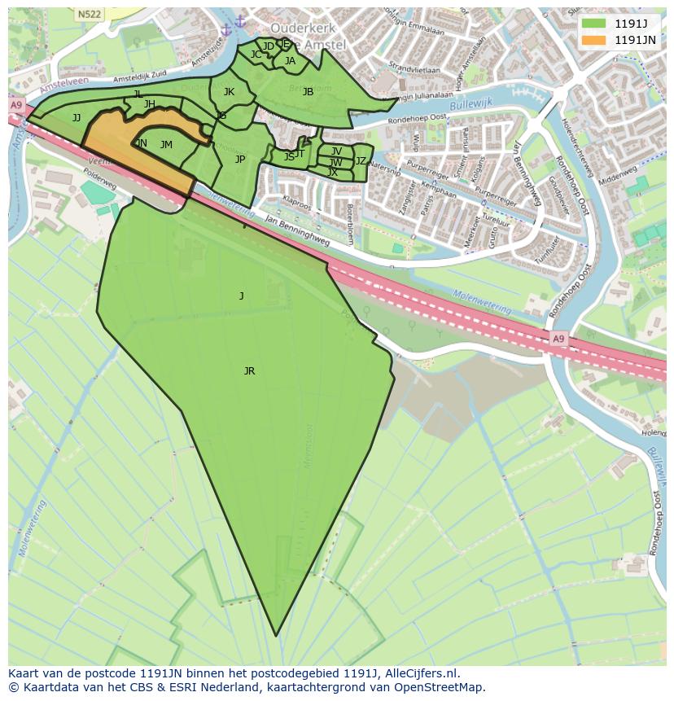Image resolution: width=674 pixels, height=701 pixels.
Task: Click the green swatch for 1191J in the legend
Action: coord(594,23)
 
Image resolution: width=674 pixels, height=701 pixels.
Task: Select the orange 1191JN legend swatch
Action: coord(594,39)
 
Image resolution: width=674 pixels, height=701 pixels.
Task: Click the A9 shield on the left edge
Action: coord(16,105)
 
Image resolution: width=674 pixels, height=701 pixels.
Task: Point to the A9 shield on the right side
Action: coord(558,338)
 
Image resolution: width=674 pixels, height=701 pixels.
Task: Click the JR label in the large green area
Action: coord(249,371)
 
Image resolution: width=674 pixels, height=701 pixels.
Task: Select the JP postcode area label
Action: coord(240,160)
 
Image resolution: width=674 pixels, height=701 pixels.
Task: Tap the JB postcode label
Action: coord(308,92)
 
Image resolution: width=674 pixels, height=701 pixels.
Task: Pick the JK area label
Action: coord(229,92)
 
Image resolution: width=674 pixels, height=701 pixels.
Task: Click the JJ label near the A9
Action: coord(77,118)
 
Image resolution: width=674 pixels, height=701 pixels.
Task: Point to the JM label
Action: coord(166,145)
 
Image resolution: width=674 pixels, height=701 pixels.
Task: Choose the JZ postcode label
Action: coord(361,161)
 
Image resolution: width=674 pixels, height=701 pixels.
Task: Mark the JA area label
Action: coord(290,60)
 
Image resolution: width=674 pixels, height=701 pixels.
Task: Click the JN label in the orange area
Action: coord(142,143)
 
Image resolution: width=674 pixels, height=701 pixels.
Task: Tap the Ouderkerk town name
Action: coord(291,27)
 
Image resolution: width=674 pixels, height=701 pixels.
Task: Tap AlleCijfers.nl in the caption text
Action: coord(421,673)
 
